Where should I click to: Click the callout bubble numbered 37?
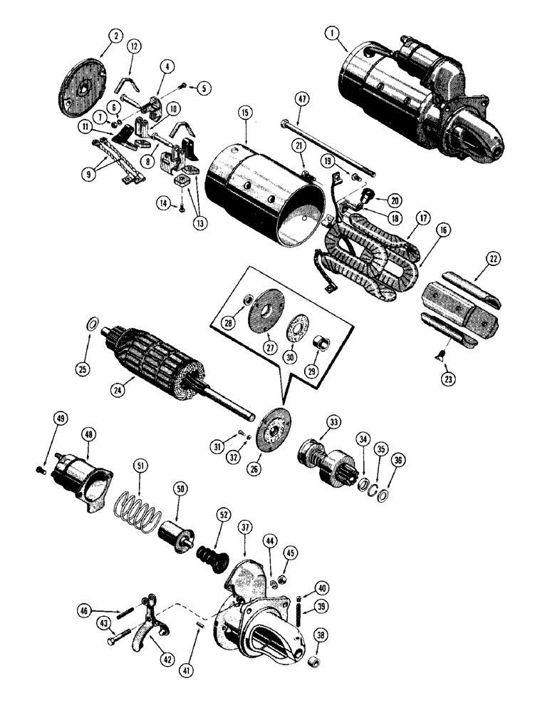(246, 528)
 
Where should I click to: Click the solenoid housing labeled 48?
(86, 478)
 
